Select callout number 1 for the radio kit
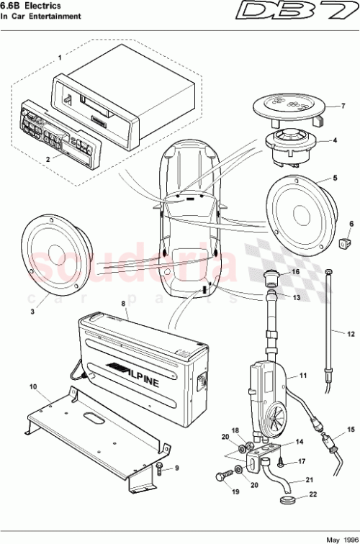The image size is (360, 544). pyautogui.click(x=60, y=55)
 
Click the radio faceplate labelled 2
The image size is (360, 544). pyautogui.click(x=58, y=132)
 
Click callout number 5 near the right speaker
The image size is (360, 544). pyautogui.click(x=334, y=177)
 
